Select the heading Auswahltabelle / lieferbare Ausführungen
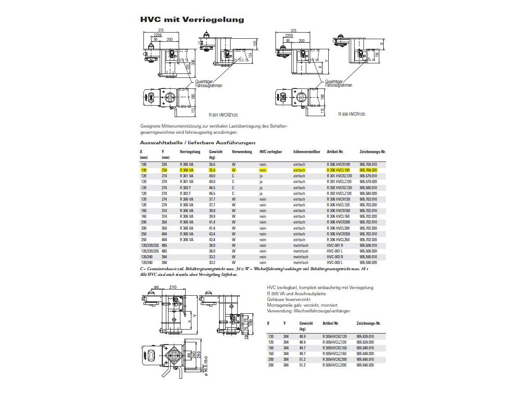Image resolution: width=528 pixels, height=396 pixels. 198,143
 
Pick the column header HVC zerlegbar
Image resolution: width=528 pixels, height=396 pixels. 271,151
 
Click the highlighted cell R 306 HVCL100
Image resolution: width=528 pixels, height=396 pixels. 338,170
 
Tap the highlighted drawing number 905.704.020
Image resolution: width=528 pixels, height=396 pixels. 368,170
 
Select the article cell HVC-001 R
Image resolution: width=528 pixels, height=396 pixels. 335,245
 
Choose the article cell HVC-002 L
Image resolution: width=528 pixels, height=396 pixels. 335,262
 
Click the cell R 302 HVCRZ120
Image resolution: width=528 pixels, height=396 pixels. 339,187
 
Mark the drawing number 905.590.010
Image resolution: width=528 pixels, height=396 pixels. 368,257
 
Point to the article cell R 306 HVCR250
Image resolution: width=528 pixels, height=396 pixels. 338,234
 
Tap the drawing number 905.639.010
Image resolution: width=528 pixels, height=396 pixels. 366,336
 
